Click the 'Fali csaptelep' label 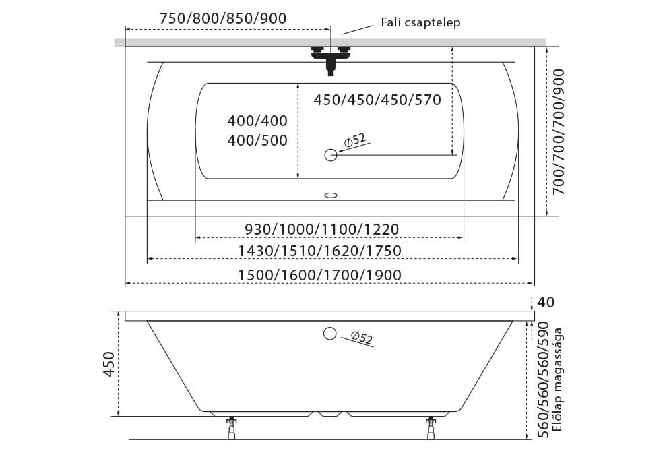point(420,22)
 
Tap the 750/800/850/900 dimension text point(223,18)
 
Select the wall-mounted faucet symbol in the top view point(331,60)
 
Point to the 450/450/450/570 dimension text point(377,100)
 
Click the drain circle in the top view point(331,155)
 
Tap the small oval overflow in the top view point(331,195)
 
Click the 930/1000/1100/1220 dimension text point(322,229)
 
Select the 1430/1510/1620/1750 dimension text point(319,251)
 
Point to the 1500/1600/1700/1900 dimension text point(319,275)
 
